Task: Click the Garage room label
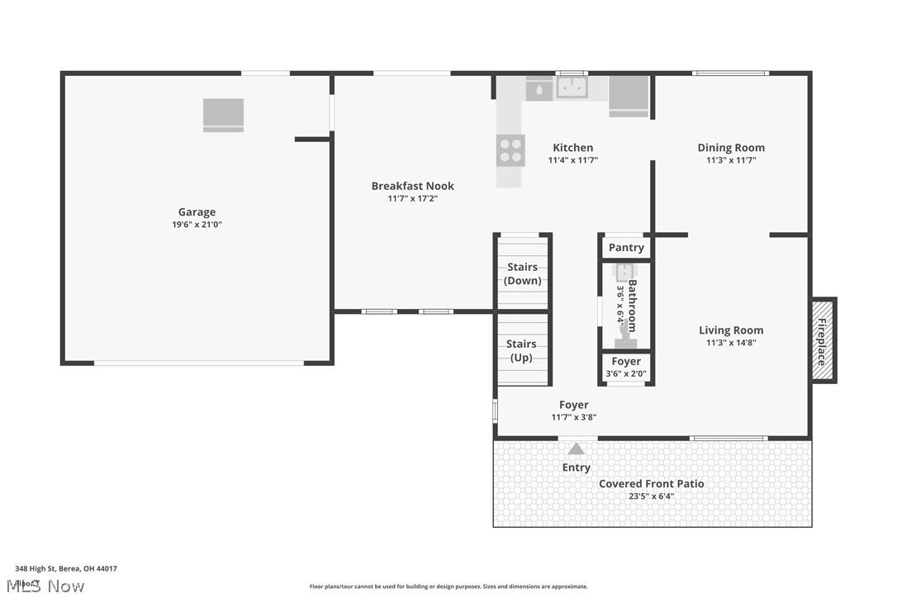click(x=197, y=212)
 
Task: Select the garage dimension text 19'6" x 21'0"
click(x=197, y=225)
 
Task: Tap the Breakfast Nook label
click(x=412, y=186)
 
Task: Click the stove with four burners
click(x=510, y=150)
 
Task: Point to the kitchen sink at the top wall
click(x=571, y=86)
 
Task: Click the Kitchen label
click(x=572, y=148)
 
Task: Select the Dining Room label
click(x=730, y=148)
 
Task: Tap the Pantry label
click(x=625, y=248)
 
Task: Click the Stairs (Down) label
click(x=522, y=273)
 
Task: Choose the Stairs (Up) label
click(x=521, y=350)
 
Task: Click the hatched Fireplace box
click(x=823, y=340)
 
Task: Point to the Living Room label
click(x=730, y=330)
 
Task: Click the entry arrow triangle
click(x=576, y=449)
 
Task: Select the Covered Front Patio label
click(x=651, y=484)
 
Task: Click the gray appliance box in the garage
click(x=223, y=114)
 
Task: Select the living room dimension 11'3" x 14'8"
click(x=730, y=343)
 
